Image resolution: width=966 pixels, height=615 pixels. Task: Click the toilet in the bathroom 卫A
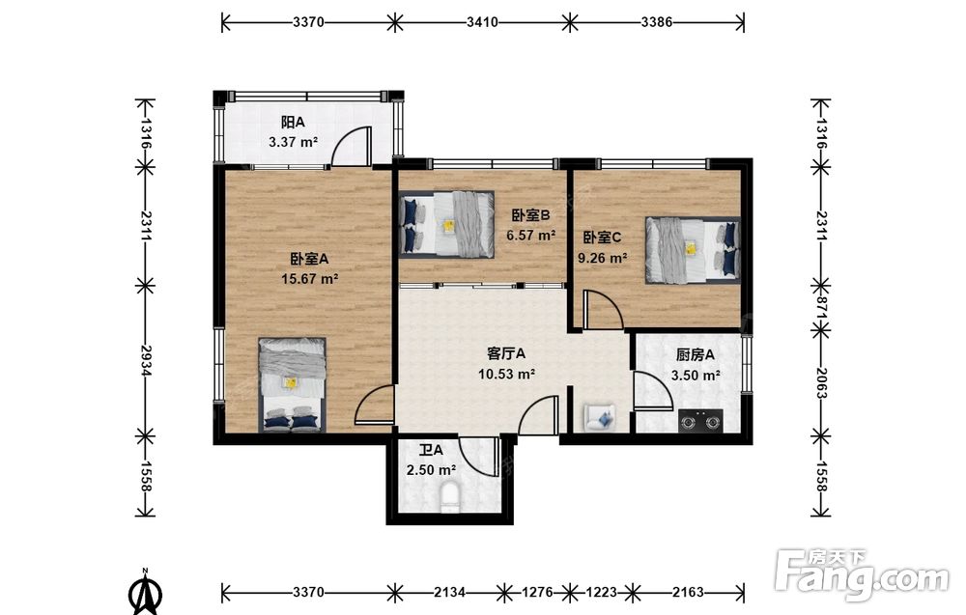[450, 497]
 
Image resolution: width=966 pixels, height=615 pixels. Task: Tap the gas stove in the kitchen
[700, 422]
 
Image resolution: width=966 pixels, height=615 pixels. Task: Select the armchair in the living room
[600, 417]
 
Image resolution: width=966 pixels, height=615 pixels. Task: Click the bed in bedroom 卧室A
[292, 384]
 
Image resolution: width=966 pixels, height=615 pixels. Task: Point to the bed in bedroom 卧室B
[446, 224]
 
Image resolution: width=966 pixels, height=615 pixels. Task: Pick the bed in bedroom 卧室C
[693, 250]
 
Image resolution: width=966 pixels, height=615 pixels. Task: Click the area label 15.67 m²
[309, 279]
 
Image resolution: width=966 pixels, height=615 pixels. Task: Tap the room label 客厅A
[506, 354]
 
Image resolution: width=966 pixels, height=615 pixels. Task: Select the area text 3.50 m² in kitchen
[696, 375]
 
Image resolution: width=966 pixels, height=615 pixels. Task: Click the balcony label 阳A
[293, 123]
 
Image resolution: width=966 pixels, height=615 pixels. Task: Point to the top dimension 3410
[482, 23]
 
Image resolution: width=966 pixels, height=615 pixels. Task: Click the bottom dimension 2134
[449, 592]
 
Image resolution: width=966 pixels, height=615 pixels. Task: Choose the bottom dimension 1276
[537, 592]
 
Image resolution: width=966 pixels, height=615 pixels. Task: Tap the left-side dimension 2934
[146, 360]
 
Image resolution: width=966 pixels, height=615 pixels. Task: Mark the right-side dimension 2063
[820, 382]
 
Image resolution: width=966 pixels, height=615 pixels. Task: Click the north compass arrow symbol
[146, 594]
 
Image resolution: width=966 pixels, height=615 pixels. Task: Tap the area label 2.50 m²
[431, 470]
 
